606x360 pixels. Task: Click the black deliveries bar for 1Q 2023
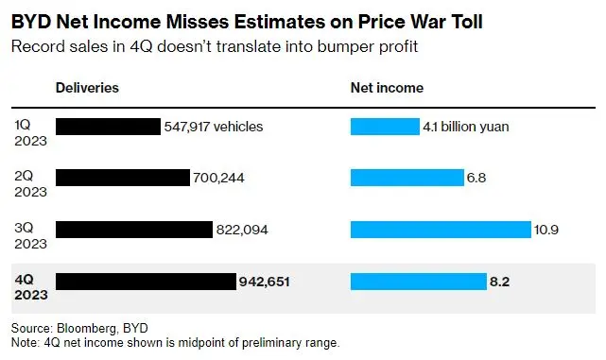click(x=108, y=127)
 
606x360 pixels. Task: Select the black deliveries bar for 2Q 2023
click(x=123, y=178)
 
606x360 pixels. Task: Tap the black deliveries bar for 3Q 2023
click(x=134, y=230)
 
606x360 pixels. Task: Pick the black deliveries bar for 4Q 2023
click(x=147, y=282)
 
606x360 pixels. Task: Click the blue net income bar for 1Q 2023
click(x=385, y=127)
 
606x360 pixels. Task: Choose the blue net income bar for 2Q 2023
click(x=407, y=178)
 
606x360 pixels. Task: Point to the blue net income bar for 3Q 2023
click(x=441, y=230)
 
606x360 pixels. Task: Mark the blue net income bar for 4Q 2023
click(x=419, y=282)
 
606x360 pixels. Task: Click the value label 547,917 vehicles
click(x=214, y=127)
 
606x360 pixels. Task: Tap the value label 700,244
click(x=218, y=178)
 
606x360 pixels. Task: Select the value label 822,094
click(x=242, y=230)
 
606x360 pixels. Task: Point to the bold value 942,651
click(x=265, y=282)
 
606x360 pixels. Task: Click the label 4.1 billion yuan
click(x=466, y=127)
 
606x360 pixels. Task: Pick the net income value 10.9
click(x=546, y=230)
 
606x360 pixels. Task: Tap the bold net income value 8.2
click(x=500, y=282)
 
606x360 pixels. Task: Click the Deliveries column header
click(x=87, y=88)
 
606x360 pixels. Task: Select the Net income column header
click(x=387, y=88)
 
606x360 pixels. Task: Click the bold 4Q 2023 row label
click(x=31, y=287)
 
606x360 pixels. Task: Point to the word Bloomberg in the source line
click(x=87, y=328)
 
